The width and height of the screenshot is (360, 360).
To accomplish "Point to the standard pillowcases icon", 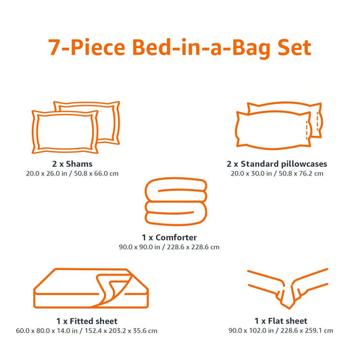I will [278, 124].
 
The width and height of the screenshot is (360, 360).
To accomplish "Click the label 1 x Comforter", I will [179, 237].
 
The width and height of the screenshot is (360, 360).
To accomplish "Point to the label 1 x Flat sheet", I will [281, 320].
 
